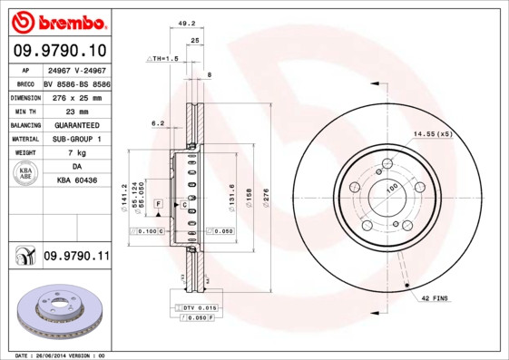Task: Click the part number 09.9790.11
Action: tap(76, 258)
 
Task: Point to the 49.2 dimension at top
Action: tap(186, 24)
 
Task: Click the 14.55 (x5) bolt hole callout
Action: tap(433, 134)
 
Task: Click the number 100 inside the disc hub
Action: tap(393, 188)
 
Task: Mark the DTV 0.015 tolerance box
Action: tap(195, 308)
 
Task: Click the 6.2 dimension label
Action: tap(157, 123)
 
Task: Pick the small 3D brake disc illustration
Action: tap(56, 311)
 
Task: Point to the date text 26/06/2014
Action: tap(62, 355)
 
